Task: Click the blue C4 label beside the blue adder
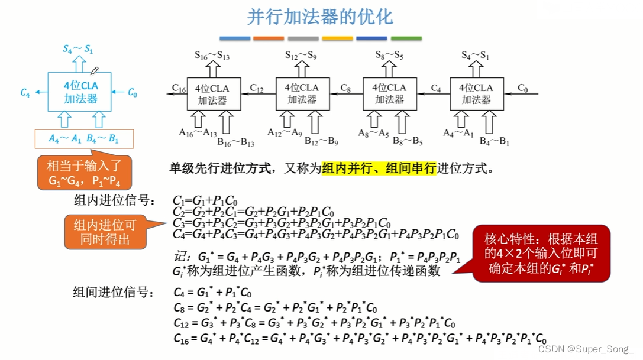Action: pyautogui.click(x=25, y=92)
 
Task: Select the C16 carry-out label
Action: pyautogui.click(x=178, y=88)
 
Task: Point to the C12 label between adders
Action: pyautogui.click(x=257, y=88)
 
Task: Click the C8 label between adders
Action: pyautogui.click(x=345, y=88)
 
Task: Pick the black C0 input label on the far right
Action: pyautogui.click(x=523, y=88)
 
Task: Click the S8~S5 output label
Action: pyautogui.click(x=389, y=56)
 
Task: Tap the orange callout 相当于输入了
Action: pyautogui.click(x=85, y=173)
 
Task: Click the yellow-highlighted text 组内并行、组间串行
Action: pyautogui.click(x=379, y=168)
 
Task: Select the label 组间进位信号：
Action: pyautogui.click(x=115, y=291)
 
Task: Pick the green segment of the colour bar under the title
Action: pyautogui.click(x=406, y=38)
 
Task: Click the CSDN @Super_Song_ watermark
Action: pyautogui.click(x=592, y=349)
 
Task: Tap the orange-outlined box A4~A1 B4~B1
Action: pyautogui.click(x=84, y=140)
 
